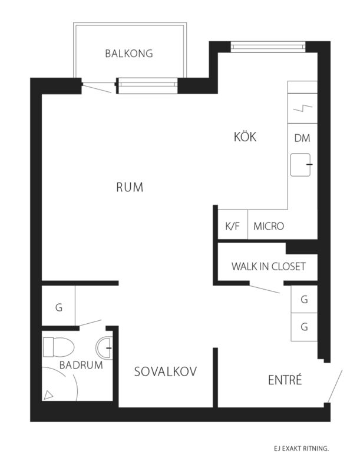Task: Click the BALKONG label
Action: click(129, 54)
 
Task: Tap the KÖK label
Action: click(245, 137)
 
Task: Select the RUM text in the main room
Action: click(130, 187)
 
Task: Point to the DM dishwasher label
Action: click(302, 138)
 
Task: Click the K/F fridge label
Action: click(233, 226)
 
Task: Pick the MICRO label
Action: click(269, 226)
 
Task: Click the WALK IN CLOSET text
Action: click(268, 267)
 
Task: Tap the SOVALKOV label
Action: click(166, 372)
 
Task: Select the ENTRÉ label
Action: click(285, 380)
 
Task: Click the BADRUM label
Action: click(81, 365)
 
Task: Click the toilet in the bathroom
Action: click(58, 347)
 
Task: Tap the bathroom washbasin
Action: click(104, 348)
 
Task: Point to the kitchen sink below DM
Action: click(300, 165)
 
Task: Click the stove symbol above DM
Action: click(302, 108)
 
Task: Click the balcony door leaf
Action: click(97, 89)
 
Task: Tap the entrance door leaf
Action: click(335, 386)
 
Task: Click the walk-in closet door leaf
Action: click(265, 289)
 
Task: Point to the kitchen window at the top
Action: click(268, 47)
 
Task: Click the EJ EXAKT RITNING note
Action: click(301, 449)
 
